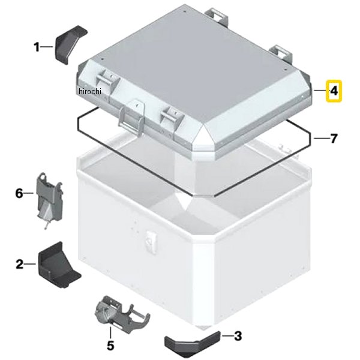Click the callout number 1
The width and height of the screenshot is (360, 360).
[x=37, y=47]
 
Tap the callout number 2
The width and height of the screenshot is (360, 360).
[x=20, y=264]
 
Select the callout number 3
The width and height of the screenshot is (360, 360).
[x=238, y=336]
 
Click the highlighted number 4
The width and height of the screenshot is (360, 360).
[x=334, y=91]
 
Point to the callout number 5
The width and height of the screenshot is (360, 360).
[x=110, y=346]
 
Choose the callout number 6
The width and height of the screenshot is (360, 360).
[x=19, y=193]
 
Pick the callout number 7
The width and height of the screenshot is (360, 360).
[x=334, y=139]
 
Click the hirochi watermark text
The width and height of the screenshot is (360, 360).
[x=89, y=91]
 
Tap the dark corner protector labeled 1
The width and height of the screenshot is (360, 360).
[x=71, y=44]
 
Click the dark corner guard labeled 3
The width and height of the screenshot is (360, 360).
[x=193, y=343]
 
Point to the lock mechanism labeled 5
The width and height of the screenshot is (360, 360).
[x=122, y=314]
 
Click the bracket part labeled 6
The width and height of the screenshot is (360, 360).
[x=50, y=199]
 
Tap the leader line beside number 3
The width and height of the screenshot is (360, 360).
[x=226, y=336]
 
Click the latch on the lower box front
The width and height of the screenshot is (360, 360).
[x=151, y=242]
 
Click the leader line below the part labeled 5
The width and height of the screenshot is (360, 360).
[x=110, y=333]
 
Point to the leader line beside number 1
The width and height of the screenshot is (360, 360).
[x=47, y=47]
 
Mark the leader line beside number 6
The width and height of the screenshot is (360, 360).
[x=29, y=193]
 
